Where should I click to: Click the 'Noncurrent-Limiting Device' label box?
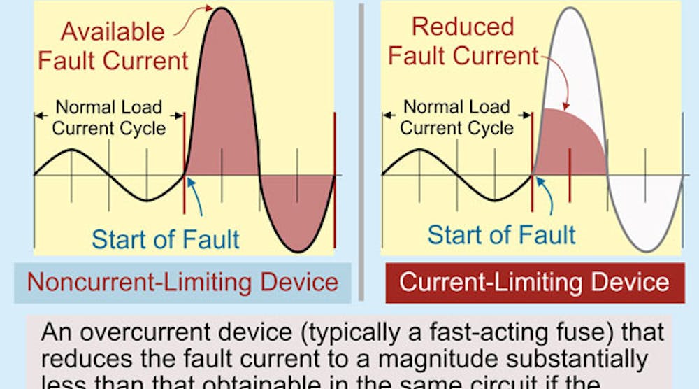182,283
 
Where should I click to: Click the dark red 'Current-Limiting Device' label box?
535,283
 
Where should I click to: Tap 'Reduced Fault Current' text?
463,41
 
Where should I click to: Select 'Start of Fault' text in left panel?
166,239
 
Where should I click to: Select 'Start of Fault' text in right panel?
502,234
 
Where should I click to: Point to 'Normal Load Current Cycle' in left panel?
109,118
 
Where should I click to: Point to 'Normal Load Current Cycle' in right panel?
456,118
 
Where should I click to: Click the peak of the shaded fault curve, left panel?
222,14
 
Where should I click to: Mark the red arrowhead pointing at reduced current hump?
566,104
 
